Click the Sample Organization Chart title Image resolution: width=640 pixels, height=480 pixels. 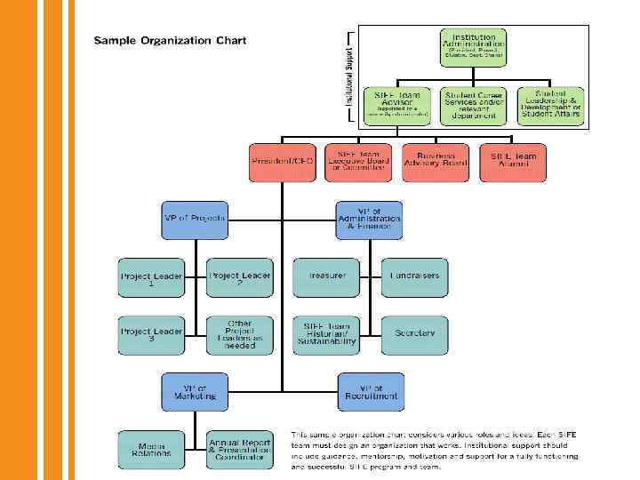tap(170, 41)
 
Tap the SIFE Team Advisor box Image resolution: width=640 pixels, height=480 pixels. tap(397, 105)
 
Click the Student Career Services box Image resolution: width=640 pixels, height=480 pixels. tap(473, 105)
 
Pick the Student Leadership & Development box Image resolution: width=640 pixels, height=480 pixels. tap(548, 105)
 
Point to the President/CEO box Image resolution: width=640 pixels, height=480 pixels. tap(284, 161)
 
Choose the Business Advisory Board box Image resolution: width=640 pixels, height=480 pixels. tap(436, 161)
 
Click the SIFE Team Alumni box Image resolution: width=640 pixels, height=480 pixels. tap(513, 161)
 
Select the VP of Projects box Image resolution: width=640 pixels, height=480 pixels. tap(195, 218)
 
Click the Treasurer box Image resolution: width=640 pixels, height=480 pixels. tap(326, 276)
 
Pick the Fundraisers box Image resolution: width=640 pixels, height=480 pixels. tap(414, 276)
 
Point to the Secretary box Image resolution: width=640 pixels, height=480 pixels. tap(414, 334)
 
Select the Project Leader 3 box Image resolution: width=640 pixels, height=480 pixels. tap(151, 334)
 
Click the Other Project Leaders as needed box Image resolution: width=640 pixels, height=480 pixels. tap(239, 334)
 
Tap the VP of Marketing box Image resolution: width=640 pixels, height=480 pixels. tap(195, 392)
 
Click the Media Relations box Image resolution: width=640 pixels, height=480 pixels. tap(151, 449)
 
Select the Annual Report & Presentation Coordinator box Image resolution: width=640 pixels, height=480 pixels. tap(239, 449)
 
